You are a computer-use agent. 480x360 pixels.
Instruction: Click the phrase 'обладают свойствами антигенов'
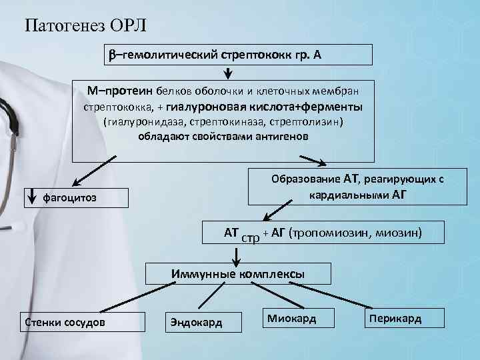pos(224,137)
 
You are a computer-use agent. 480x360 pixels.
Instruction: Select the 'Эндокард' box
pos(193,323)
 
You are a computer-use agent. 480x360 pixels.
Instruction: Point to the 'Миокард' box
pos(291,319)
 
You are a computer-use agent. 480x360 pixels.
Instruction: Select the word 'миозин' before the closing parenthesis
pos(400,233)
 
